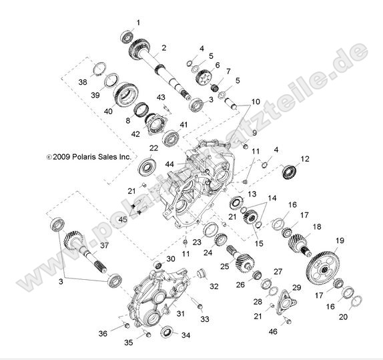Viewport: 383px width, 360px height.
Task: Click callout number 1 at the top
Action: coord(138,23)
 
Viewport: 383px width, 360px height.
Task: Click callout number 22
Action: coord(153,148)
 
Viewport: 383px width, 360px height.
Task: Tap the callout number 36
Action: coord(103,333)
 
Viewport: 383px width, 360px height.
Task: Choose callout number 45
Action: coord(122,220)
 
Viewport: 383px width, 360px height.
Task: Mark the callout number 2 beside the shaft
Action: coord(163,47)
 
